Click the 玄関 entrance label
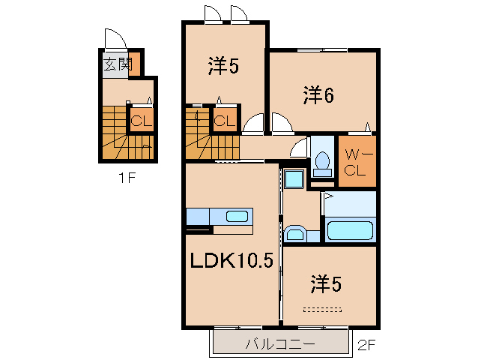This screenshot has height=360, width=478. coord(118,64)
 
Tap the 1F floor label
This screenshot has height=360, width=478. coord(127,178)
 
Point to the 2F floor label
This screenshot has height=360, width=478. coord(366,345)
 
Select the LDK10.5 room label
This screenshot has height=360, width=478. coord(232,261)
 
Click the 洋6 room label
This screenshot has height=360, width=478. coord(318,95)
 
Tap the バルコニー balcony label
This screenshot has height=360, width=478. coord(280,345)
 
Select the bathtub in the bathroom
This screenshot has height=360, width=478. coord(351,231)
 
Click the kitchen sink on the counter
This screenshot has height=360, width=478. coord(237,216)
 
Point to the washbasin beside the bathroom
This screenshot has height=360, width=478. coord(295,234)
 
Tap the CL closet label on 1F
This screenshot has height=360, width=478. coord(142,121)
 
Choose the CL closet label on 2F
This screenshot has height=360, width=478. coord(225,121)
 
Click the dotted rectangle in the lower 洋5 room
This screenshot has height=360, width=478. coord(322,310)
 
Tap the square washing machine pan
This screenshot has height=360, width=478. coord(294,179)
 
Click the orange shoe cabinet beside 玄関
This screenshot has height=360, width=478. coord(134,64)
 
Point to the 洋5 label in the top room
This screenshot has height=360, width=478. coord(223,65)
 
